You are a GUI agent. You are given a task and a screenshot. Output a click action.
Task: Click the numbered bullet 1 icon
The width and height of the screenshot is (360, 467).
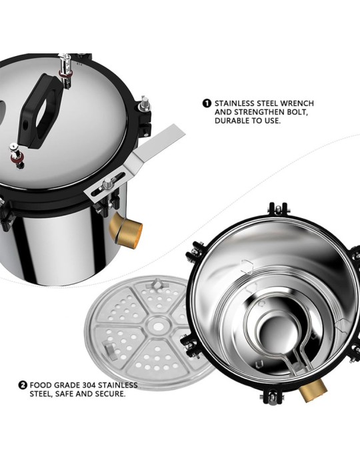tap(207, 103)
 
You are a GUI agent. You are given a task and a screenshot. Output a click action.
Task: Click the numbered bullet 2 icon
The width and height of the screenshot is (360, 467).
tap(23, 385)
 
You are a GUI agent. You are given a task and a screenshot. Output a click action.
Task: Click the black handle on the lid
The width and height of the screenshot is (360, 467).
tap(40, 111)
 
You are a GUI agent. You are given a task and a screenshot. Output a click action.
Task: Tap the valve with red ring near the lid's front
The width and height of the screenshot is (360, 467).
tap(17, 155)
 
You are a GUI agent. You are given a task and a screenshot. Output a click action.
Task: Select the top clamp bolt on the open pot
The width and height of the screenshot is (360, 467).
tap(278, 209)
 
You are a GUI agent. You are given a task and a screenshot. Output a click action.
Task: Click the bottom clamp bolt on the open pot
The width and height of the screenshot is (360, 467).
tap(271, 396)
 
